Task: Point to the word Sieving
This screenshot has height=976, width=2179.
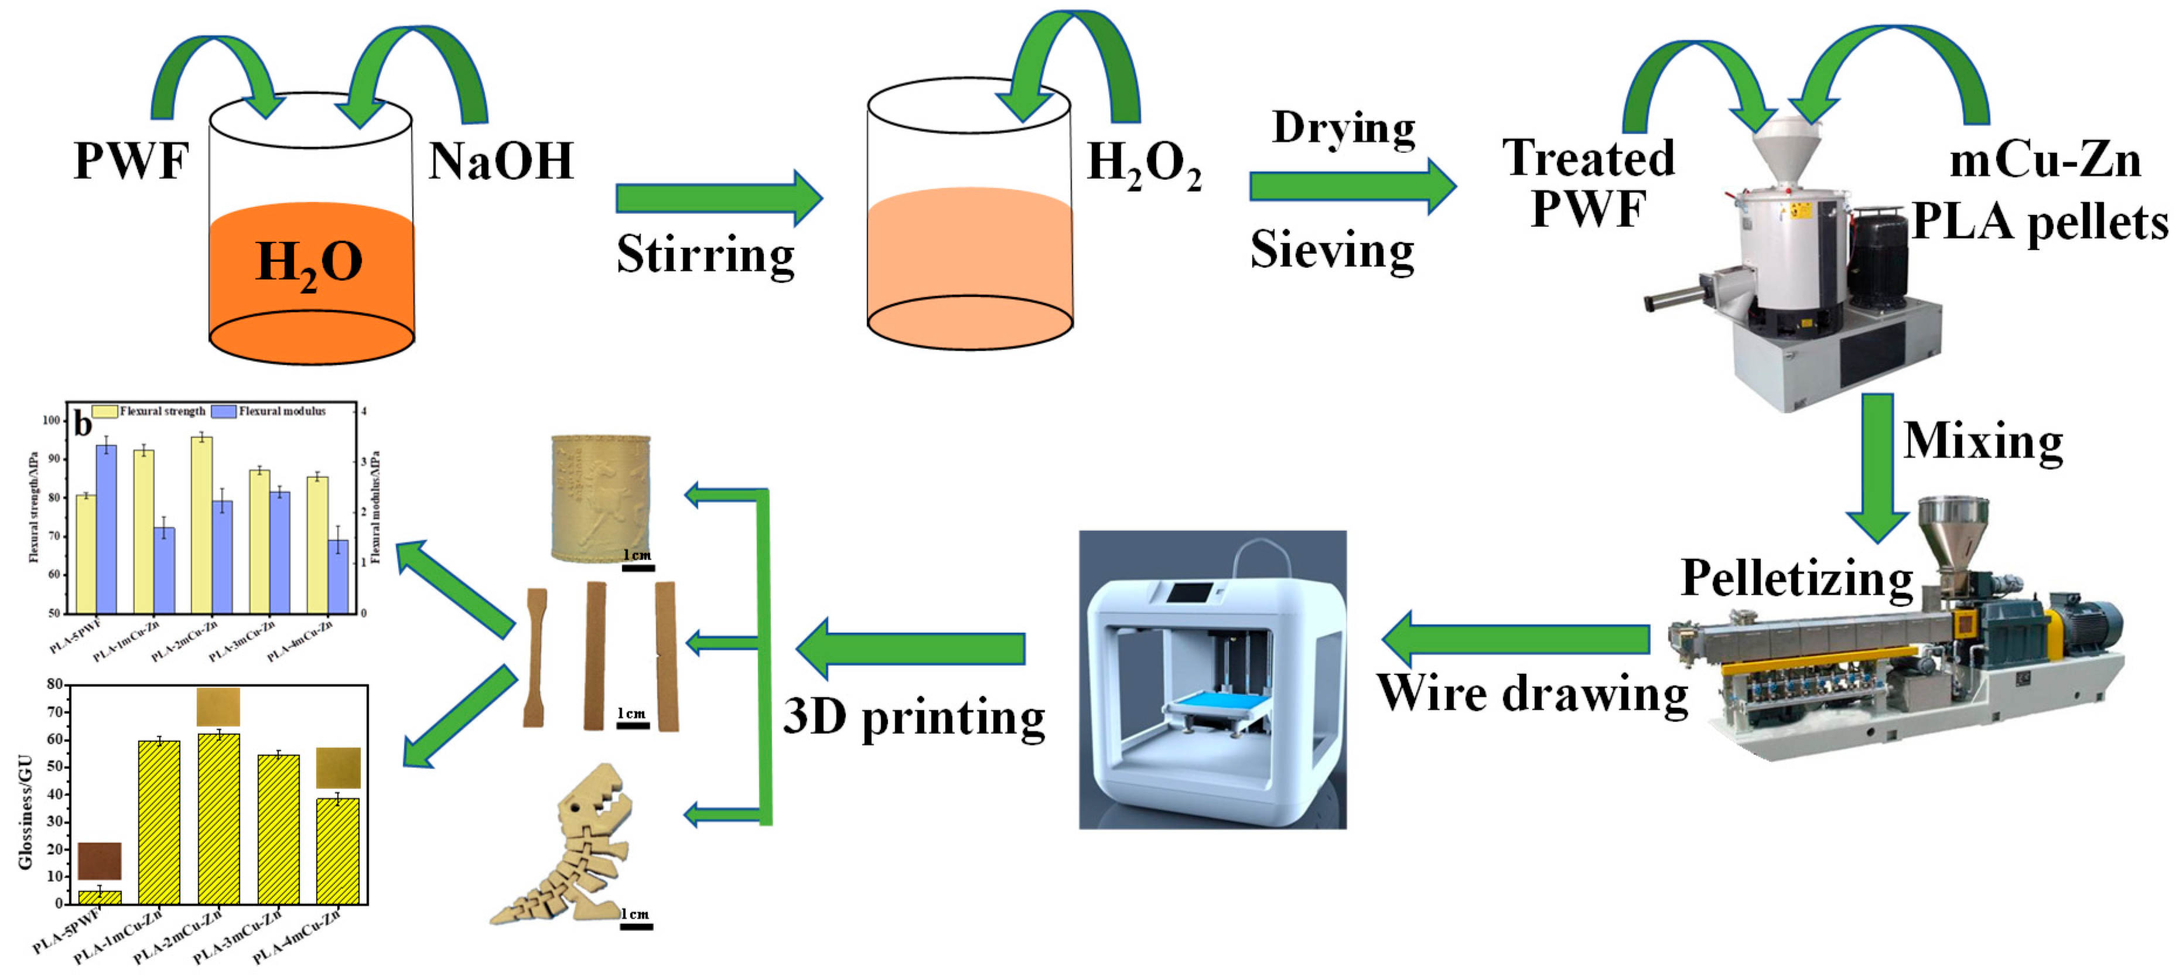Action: (x=1331, y=250)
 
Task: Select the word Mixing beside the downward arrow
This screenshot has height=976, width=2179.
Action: (x=1982, y=442)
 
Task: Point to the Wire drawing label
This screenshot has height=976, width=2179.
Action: (x=1531, y=694)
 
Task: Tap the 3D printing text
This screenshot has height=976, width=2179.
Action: (x=914, y=717)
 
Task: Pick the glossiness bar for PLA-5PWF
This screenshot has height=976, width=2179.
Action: (x=100, y=897)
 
